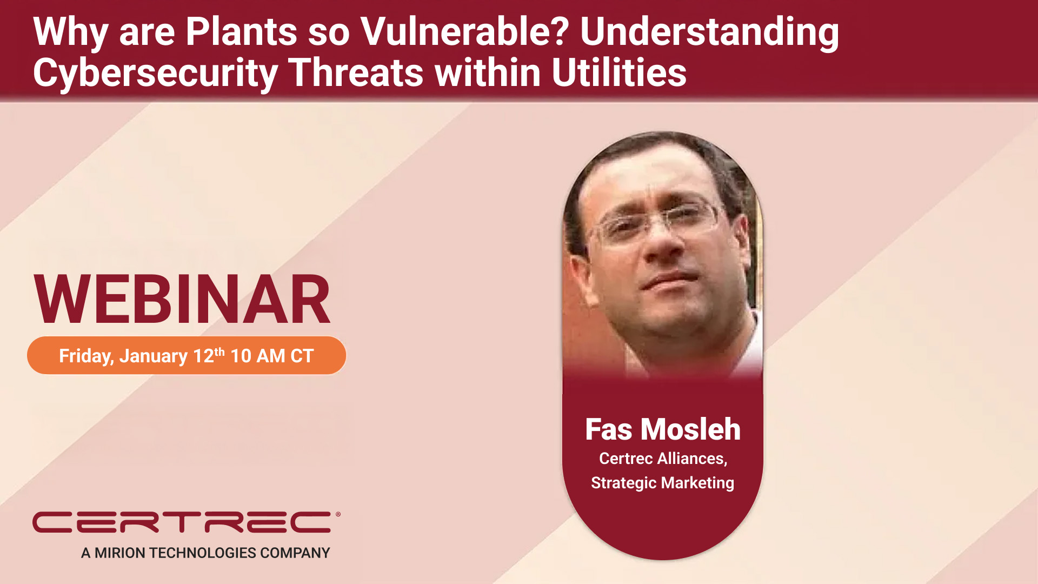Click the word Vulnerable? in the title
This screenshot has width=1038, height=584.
tap(464, 31)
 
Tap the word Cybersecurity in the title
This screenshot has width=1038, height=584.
tap(155, 73)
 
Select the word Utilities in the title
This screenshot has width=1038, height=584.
tap(619, 73)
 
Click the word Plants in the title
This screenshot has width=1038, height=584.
tap(241, 31)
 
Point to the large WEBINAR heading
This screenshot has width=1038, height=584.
tap(182, 299)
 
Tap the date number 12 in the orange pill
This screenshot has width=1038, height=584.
tap(204, 356)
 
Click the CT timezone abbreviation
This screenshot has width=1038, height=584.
tap(302, 356)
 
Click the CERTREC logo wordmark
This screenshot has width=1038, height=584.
tap(182, 522)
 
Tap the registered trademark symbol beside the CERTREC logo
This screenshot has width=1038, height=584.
tap(338, 514)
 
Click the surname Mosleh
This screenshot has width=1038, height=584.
tap(691, 429)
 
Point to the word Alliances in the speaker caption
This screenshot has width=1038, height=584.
tap(693, 459)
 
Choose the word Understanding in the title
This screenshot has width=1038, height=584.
tap(709, 31)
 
